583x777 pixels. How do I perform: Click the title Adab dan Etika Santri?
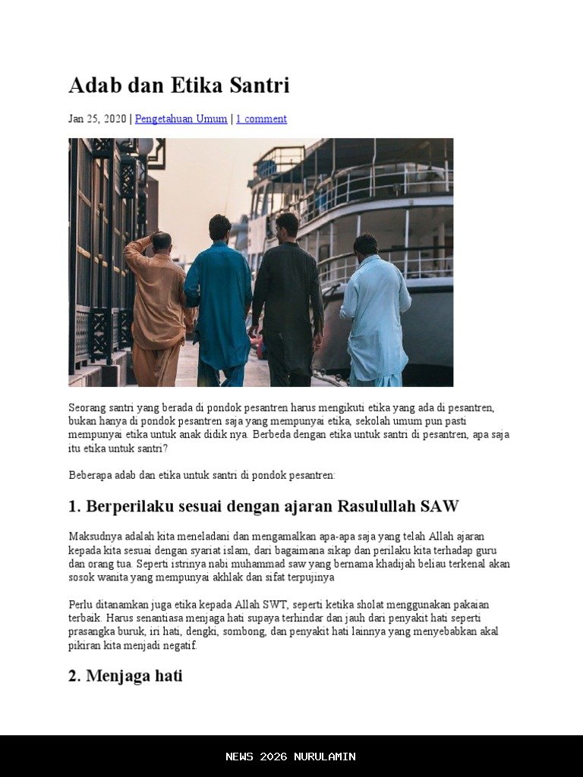pos(179,85)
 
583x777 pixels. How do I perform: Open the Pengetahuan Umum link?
pos(181,119)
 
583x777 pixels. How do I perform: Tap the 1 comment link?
pos(261,119)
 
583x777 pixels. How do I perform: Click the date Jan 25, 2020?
pos(97,119)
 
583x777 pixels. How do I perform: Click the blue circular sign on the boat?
pos(266,168)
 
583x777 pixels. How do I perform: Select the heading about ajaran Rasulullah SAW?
pos(263,506)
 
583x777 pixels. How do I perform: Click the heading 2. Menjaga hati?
pos(125,675)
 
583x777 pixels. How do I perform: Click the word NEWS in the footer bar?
pos(239,757)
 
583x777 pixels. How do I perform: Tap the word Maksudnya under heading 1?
pos(95,536)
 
